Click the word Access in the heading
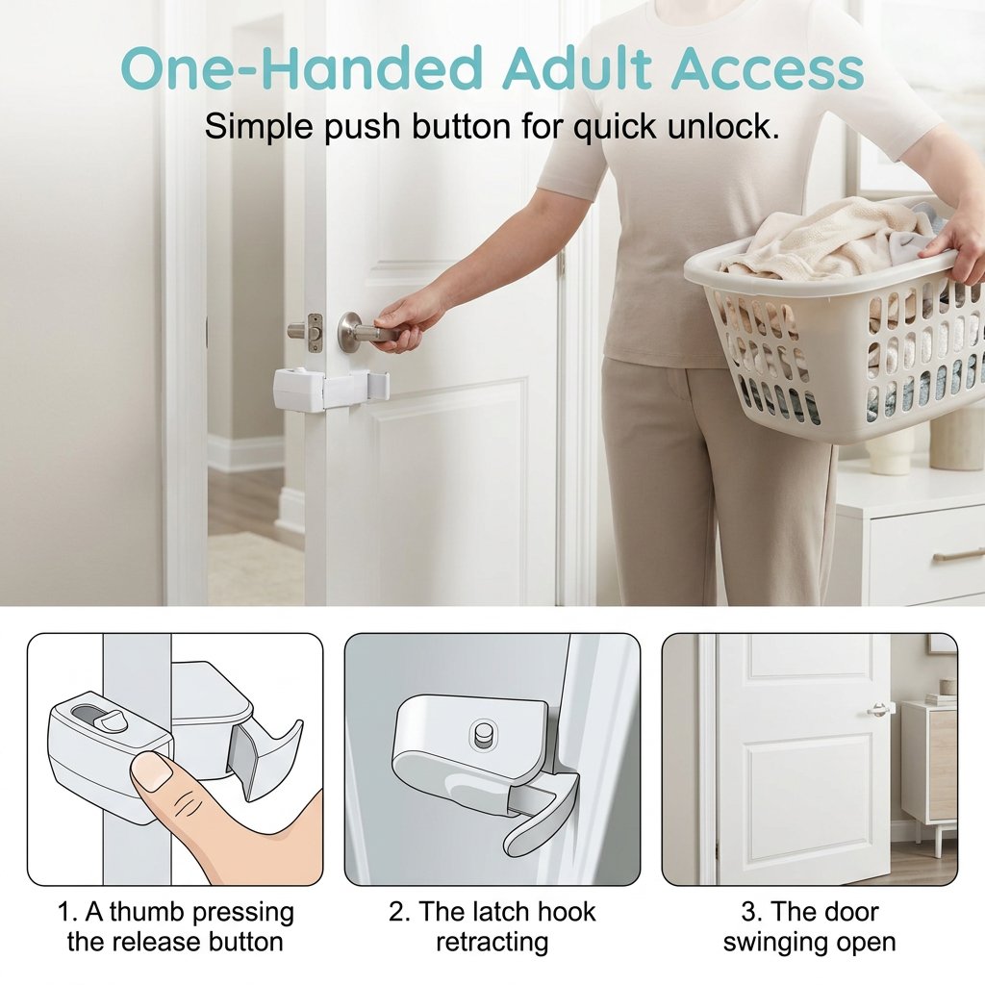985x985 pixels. (x=768, y=68)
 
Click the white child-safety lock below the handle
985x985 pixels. (x=331, y=390)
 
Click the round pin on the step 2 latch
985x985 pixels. (x=483, y=733)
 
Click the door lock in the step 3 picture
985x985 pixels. (x=880, y=709)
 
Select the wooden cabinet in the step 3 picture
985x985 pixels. (x=930, y=767)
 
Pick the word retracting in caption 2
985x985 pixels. (x=492, y=943)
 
